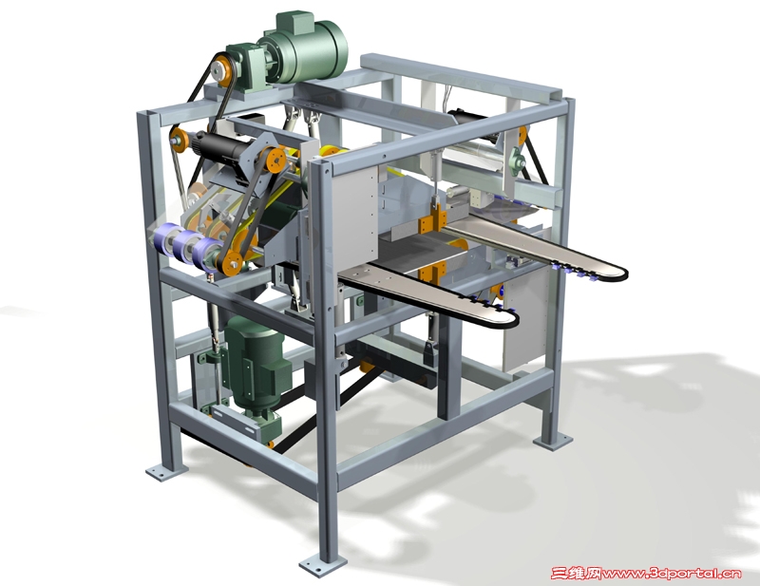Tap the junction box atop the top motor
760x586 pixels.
(x=294, y=21)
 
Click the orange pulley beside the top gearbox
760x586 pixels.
(x=223, y=71)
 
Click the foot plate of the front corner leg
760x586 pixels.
(x=322, y=565)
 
